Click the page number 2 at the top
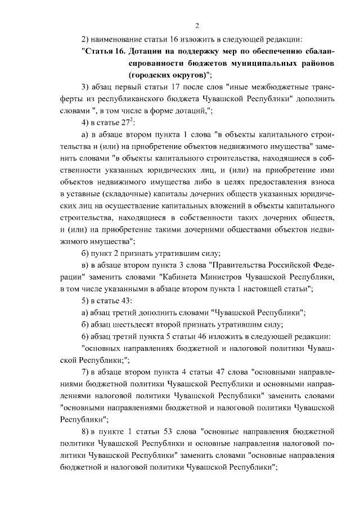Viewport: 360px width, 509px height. (197, 25)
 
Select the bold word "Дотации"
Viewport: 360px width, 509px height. (147, 51)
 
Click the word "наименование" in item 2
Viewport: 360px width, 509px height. (117, 39)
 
